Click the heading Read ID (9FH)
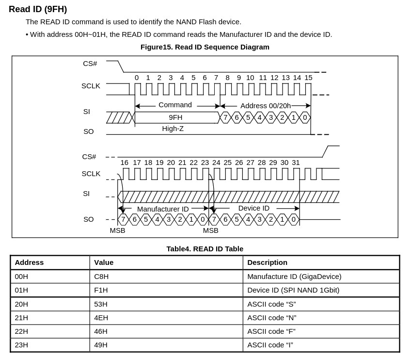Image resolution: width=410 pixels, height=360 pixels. click(38, 9)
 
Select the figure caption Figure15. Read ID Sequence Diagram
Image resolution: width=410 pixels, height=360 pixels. click(205, 47)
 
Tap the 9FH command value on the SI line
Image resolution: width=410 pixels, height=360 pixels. click(175, 117)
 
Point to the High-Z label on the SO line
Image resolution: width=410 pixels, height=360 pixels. click(173, 129)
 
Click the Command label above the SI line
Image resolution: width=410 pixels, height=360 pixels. click(175, 105)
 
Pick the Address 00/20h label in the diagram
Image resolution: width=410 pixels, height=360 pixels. click(266, 106)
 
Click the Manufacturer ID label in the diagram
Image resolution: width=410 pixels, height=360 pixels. click(163, 209)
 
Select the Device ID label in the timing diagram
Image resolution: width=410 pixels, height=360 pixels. click(253, 208)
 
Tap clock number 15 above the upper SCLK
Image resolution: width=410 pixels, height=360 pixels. click(308, 78)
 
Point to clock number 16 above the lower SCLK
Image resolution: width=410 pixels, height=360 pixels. click(125, 163)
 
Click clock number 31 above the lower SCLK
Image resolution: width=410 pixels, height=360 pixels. click(296, 163)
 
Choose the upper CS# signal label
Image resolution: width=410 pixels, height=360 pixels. click(90, 64)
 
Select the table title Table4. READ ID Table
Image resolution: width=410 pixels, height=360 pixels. click(205, 249)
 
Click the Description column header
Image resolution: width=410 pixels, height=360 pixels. click(267, 262)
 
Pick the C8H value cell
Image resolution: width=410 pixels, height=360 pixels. click(101, 277)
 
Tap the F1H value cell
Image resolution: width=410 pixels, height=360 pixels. click(101, 290)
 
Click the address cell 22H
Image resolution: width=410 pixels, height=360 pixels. click(21, 331)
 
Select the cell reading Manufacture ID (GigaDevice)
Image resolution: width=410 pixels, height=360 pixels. click(294, 277)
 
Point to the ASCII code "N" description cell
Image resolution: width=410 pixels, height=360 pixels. click(271, 318)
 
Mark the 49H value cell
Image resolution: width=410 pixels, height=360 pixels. click(101, 345)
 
